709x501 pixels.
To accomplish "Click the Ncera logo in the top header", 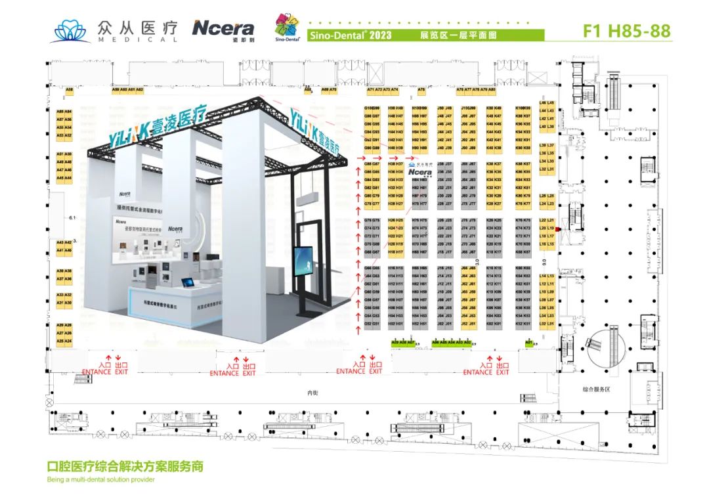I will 223,28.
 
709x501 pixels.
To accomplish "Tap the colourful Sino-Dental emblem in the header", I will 288,27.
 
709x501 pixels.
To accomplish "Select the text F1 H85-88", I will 627,32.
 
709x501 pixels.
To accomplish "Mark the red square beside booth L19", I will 557,229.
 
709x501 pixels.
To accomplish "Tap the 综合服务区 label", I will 596,389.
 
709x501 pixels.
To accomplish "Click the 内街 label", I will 313,393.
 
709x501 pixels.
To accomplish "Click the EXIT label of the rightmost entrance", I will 502,372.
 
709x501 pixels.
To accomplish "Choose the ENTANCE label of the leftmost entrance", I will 97,372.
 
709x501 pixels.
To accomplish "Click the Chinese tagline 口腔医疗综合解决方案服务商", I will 125,467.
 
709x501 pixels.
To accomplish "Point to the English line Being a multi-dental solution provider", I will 101,480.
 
